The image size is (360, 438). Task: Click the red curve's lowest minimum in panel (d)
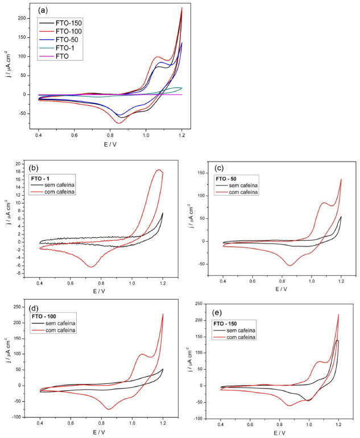[x=109, y=409]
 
